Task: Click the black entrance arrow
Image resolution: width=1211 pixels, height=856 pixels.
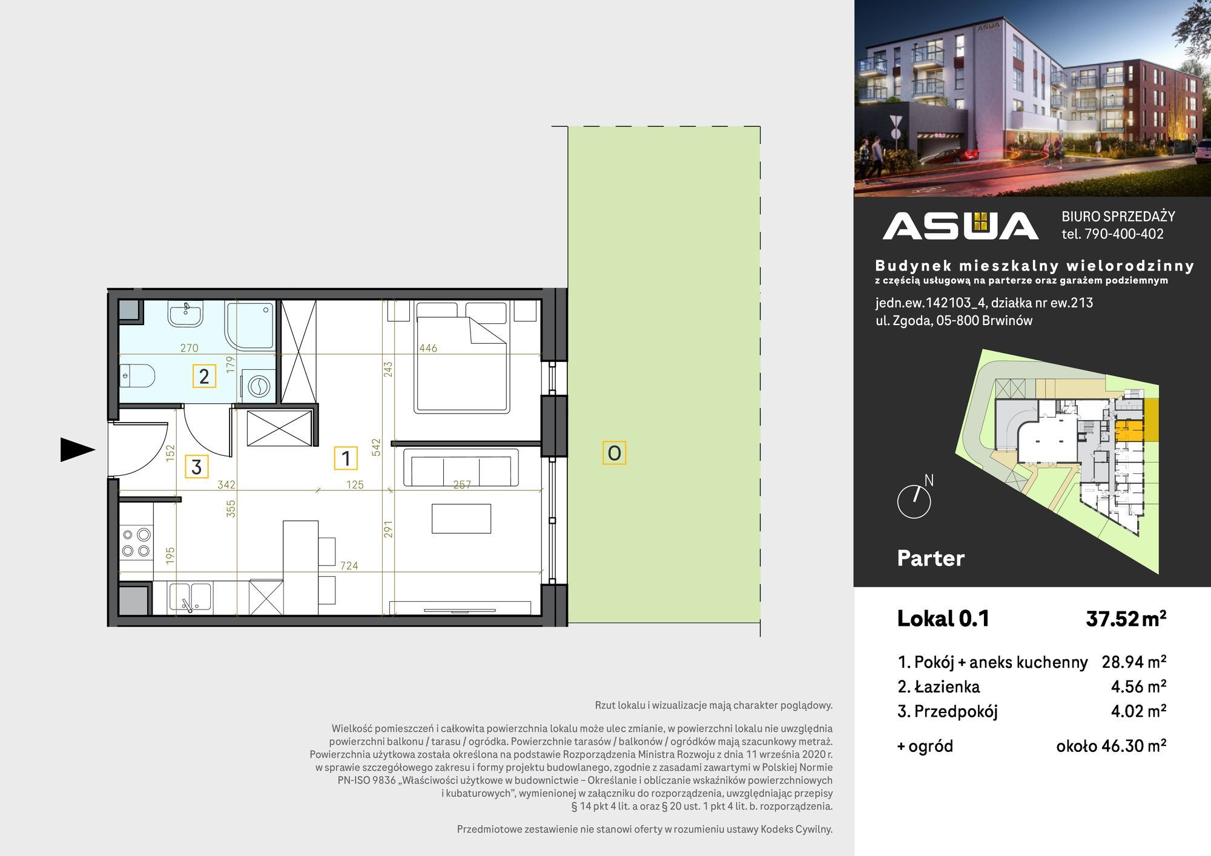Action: [x=78, y=450]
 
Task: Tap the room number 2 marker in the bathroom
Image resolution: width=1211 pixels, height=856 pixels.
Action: [x=204, y=376]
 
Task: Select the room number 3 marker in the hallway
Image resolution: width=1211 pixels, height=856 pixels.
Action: [x=196, y=467]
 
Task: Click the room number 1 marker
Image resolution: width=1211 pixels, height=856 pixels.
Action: [x=346, y=458]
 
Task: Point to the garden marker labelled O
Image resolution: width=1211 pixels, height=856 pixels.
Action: [x=614, y=453]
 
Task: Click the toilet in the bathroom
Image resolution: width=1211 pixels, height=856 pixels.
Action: [x=137, y=376]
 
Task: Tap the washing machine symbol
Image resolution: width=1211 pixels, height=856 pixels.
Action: [x=259, y=386]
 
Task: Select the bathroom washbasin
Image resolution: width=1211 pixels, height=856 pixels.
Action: [x=186, y=314]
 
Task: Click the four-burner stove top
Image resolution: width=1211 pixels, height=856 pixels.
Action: [x=136, y=542]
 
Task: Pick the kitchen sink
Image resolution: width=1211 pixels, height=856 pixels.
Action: [x=190, y=597]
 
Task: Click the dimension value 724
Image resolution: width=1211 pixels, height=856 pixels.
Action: [x=349, y=565]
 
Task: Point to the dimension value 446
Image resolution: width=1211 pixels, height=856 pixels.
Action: [x=428, y=348]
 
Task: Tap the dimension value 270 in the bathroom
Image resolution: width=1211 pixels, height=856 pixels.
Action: [x=189, y=348]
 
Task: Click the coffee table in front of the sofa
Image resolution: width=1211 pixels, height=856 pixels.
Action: [x=461, y=518]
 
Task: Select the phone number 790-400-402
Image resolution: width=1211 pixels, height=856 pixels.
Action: [x=1124, y=234]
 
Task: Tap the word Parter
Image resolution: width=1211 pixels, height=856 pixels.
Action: [x=931, y=558]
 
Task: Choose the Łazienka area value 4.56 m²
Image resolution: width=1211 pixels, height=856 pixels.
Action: [x=1138, y=686]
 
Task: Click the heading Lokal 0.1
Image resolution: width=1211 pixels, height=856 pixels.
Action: [x=943, y=619]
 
